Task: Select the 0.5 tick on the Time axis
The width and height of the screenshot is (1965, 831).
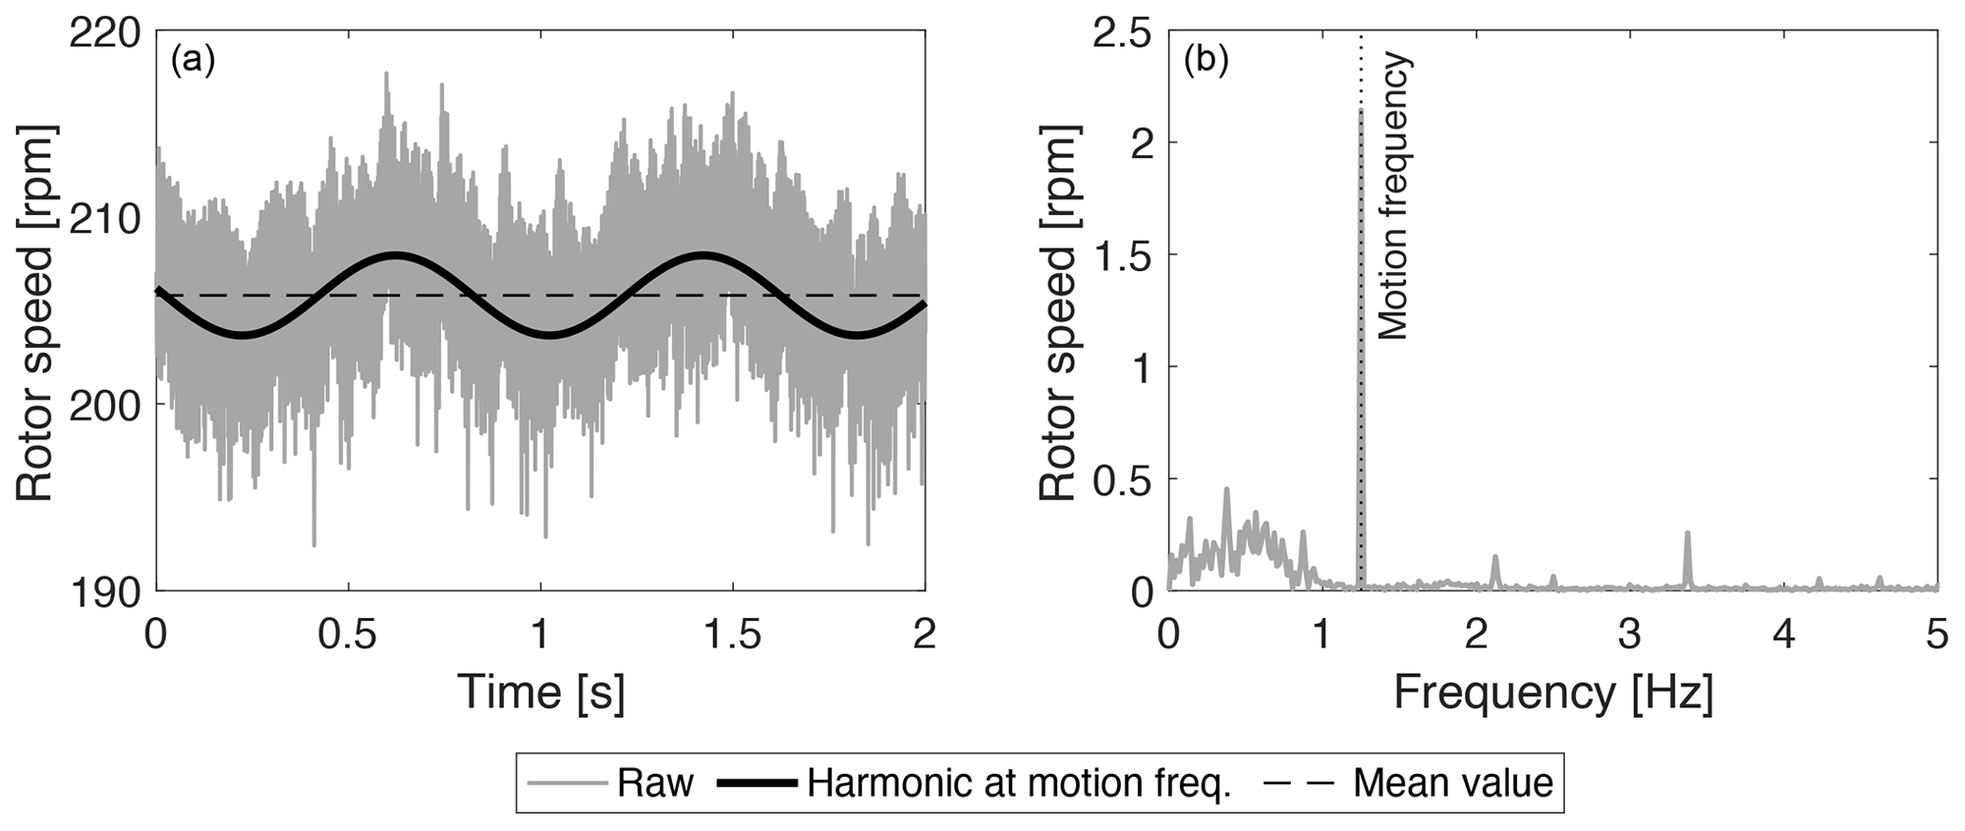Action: (x=348, y=634)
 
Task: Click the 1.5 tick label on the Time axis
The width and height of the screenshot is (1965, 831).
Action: (x=733, y=634)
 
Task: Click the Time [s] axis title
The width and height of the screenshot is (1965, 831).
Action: (x=541, y=692)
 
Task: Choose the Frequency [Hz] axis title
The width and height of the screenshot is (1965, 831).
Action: (x=1553, y=692)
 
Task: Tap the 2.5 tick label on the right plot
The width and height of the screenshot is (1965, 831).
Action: (x=1122, y=34)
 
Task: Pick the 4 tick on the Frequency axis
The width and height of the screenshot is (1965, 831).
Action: (x=1784, y=634)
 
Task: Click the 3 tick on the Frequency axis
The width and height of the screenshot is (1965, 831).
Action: (x=1630, y=634)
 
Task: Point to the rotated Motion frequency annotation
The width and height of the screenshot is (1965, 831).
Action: (x=1394, y=196)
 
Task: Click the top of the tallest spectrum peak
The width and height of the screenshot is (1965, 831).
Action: (x=1361, y=111)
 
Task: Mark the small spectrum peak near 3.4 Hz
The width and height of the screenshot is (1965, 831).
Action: (x=1687, y=534)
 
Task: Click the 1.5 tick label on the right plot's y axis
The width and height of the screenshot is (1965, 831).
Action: (x=1122, y=255)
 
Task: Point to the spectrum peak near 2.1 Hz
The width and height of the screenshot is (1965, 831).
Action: (x=1495, y=557)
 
